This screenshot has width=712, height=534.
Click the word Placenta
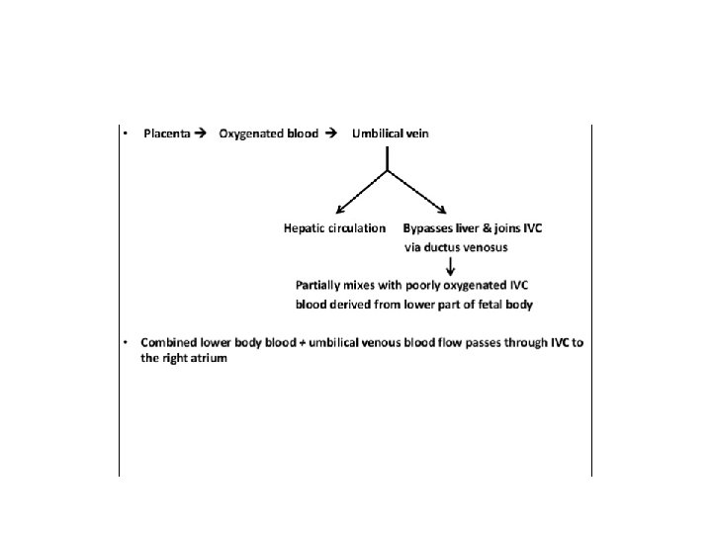coord(166,133)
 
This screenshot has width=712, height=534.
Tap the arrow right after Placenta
coord(201,133)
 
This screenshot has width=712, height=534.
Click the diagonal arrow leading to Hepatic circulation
coord(360,192)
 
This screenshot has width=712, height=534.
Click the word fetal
coord(481,305)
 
